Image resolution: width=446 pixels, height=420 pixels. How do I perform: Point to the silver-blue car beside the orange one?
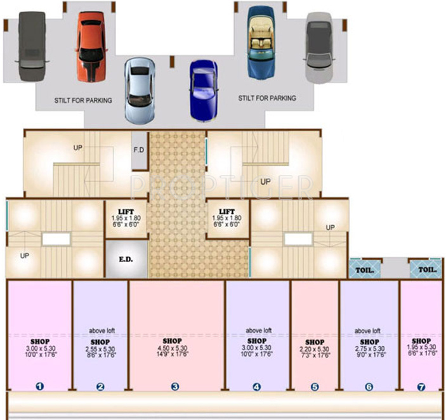[x=139, y=91]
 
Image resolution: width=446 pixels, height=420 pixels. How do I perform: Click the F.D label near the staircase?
[x=139, y=150]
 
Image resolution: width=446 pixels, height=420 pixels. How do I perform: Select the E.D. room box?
[x=125, y=259]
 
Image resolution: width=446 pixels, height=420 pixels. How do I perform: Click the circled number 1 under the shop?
[x=39, y=386]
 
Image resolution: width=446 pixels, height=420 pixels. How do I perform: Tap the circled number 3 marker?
[x=175, y=386]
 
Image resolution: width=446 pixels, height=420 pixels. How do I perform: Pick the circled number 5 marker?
[x=315, y=386]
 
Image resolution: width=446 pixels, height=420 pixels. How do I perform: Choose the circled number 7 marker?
[x=421, y=386]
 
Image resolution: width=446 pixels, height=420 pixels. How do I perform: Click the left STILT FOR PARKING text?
[x=83, y=100]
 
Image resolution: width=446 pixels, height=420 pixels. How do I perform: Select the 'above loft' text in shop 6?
[x=367, y=331]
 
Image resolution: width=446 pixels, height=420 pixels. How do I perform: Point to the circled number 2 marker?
[x=100, y=386]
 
